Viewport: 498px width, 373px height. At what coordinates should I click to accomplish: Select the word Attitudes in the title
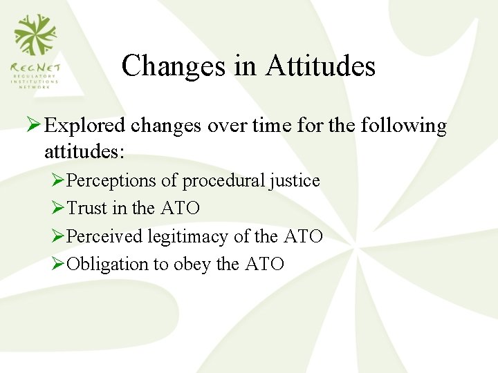click(321, 66)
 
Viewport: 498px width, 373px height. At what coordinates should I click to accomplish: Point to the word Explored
click(85, 126)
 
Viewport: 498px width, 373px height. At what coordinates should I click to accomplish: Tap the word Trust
click(87, 209)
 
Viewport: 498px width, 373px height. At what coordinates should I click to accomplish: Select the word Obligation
click(107, 264)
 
